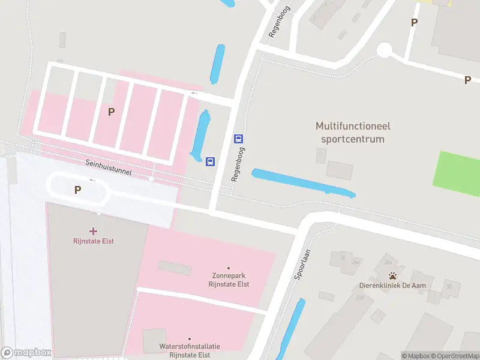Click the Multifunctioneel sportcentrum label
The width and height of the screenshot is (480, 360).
pos(350,132)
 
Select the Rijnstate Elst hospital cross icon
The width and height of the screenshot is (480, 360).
pos(93,231)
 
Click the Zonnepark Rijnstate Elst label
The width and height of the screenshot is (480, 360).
pos(229,280)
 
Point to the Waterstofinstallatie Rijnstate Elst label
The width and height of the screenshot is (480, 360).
pos(190,350)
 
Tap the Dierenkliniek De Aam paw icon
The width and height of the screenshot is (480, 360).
pos(392,276)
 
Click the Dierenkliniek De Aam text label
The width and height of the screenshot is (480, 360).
pos(392,286)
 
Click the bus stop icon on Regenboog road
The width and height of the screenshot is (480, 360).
pos(238,139)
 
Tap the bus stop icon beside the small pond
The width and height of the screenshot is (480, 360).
pos(211,161)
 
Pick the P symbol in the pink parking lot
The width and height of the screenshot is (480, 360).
pos(111,112)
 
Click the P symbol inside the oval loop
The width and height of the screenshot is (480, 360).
pos(77,190)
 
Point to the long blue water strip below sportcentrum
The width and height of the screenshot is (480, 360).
pos(303,183)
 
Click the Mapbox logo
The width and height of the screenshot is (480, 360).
pos(26,353)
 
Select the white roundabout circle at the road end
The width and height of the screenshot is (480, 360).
pos(384,50)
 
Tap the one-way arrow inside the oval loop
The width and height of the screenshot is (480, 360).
pos(92,179)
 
